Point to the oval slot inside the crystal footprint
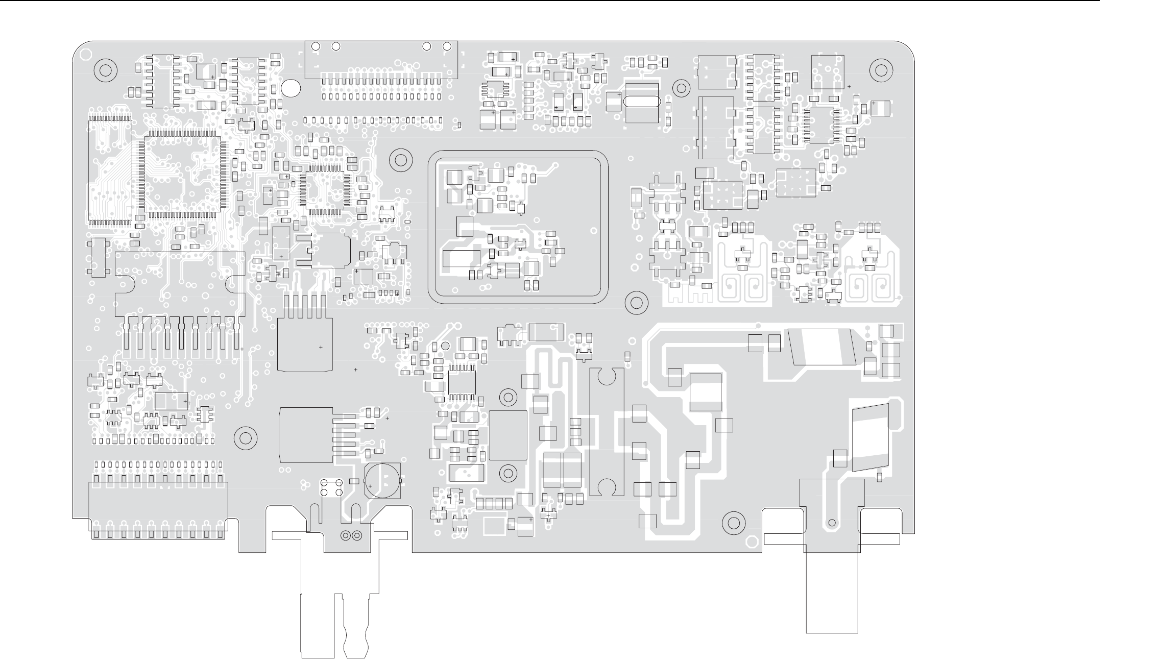click(x=642, y=102)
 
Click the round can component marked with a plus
click(x=383, y=481)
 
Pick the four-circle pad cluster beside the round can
click(x=331, y=487)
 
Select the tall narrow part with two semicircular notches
click(x=606, y=432)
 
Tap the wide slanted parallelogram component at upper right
click(x=823, y=347)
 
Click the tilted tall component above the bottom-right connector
click(x=870, y=437)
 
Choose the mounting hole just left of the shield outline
click(x=401, y=160)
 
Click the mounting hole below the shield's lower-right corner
click(x=636, y=302)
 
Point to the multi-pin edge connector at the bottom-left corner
click(x=158, y=510)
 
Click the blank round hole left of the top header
click(x=291, y=88)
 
